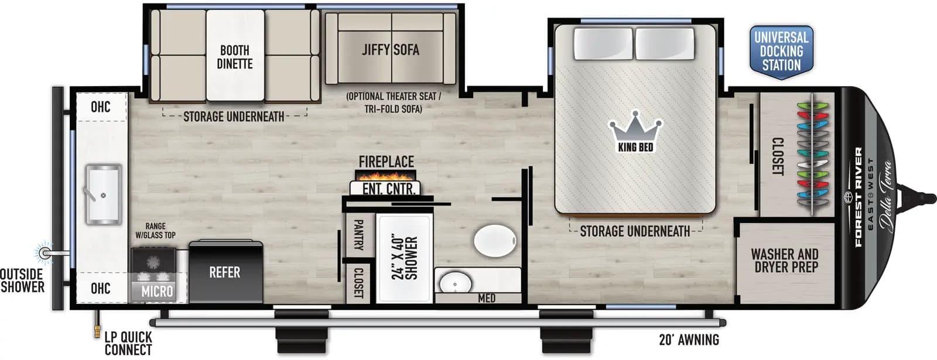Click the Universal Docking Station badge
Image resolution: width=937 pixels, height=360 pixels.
click(781, 52)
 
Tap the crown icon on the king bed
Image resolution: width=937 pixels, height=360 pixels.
click(635, 126)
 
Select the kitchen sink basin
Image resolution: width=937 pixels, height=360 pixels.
click(104, 194)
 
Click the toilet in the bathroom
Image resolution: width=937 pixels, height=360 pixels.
click(495, 241)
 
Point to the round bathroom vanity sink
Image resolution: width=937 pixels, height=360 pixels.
click(454, 283)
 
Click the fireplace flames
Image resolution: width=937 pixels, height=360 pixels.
click(385, 175)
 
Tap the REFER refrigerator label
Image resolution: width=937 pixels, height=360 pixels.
click(225, 272)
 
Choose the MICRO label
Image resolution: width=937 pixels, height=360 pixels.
click(157, 291)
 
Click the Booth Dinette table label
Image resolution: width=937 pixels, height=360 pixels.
click(234, 57)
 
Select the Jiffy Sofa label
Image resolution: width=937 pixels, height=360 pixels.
click(391, 50)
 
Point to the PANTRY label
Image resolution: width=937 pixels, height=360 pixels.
click(358, 235)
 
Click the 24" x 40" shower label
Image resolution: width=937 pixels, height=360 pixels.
click(405, 258)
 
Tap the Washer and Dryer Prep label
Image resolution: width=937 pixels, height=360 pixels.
click(785, 260)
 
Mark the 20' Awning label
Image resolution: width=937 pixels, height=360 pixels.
click(689, 340)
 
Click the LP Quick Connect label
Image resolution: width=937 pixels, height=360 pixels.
click(128, 344)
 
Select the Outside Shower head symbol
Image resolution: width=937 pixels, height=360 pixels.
click(44, 253)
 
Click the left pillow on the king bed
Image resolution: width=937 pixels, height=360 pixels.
click(603, 43)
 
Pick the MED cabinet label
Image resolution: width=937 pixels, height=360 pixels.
click(487, 299)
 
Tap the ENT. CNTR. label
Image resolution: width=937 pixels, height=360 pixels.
click(388, 189)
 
